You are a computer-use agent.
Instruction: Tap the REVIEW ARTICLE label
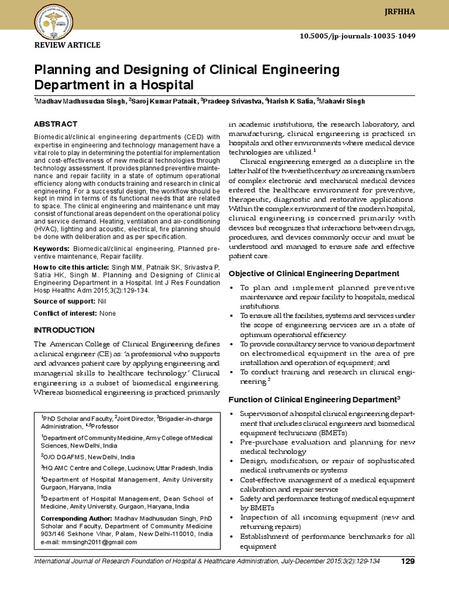point(67,45)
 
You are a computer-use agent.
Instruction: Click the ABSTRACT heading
point(55,124)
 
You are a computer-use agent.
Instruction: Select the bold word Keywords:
point(53,250)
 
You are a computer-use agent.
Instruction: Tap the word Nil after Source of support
point(102,300)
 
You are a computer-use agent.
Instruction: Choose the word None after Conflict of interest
point(108,314)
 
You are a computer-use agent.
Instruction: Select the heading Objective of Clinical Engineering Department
point(313,274)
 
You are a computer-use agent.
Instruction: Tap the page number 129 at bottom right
point(407,562)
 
